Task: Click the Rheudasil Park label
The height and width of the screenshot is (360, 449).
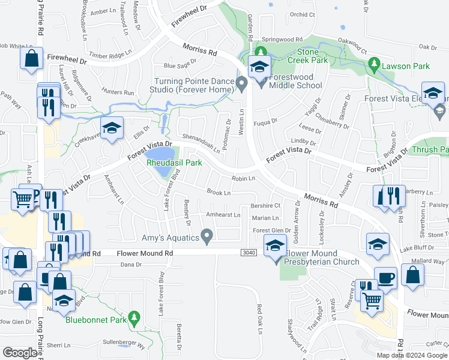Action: [x=172, y=163]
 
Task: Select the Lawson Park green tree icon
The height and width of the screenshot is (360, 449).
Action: [x=374, y=62]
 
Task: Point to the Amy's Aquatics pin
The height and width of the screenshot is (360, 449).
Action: [x=207, y=237]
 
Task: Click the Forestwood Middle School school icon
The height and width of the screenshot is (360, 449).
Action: [x=259, y=68]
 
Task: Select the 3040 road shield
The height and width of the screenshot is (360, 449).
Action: [x=250, y=253]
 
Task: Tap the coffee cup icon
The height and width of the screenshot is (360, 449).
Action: [x=385, y=278]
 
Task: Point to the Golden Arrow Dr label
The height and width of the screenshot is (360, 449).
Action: [x=297, y=219]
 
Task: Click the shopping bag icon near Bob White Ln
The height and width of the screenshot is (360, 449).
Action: [x=31, y=59]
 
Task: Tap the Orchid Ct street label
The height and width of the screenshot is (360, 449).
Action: [x=302, y=14]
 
